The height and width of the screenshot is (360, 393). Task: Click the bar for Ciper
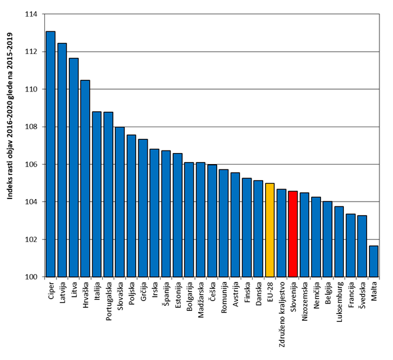[x=50, y=154]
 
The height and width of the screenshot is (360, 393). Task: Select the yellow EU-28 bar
[x=269, y=230]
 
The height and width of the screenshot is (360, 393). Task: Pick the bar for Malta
[x=373, y=261]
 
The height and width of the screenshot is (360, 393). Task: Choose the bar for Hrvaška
[x=85, y=178]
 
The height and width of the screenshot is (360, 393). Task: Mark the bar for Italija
[x=97, y=194]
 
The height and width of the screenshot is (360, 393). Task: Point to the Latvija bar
[x=62, y=160]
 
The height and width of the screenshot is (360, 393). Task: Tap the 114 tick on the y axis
[x=30, y=14]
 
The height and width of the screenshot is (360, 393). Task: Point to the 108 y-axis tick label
[x=30, y=127]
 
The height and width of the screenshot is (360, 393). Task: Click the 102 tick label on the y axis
[x=30, y=240]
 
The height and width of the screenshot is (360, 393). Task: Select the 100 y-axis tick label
[x=30, y=277]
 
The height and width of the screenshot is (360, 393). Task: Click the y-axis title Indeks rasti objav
[x=9, y=145]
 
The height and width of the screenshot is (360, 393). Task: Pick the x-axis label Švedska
[x=362, y=297]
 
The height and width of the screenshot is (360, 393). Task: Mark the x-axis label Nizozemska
[x=304, y=302]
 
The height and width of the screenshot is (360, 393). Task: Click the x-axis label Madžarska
[x=201, y=300]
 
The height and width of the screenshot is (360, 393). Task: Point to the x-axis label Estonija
[x=178, y=297]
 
